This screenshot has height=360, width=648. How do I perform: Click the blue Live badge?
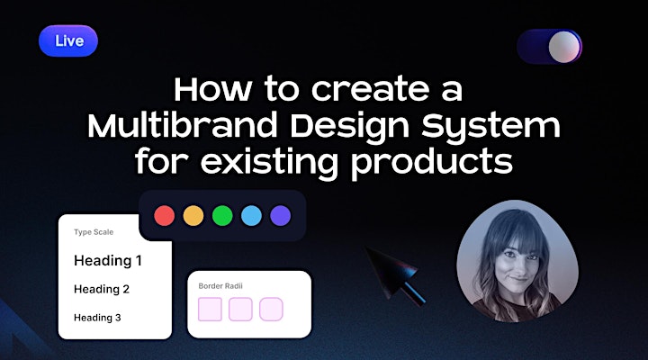tap(68, 40)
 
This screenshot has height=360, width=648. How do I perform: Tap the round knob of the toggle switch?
tap(564, 47)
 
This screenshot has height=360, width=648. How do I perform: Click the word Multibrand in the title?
tap(182, 126)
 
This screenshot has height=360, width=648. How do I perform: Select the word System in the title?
tap(490, 127)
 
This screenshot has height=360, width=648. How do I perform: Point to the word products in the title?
tap(431, 162)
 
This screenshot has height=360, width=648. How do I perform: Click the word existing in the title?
tap(269, 163)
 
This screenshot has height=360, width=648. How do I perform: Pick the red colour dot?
tap(165, 216)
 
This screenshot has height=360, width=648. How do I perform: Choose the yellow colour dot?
tap(193, 216)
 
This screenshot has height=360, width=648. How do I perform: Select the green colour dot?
tap(222, 216)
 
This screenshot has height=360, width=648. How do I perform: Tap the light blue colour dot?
tap(251, 216)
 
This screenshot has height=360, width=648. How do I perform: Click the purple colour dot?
tap(280, 216)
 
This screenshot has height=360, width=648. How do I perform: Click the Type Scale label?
tap(94, 232)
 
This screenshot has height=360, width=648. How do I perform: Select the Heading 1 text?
tap(107, 260)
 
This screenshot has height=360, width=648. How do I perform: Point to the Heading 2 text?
tap(101, 289)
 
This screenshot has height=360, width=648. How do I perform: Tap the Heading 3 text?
tap(97, 318)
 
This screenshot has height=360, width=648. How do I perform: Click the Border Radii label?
tap(220, 286)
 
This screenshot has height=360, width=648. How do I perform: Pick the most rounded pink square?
tap(271, 310)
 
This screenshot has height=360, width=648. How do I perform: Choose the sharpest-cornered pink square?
tap(210, 310)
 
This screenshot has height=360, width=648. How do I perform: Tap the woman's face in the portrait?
tap(517, 259)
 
